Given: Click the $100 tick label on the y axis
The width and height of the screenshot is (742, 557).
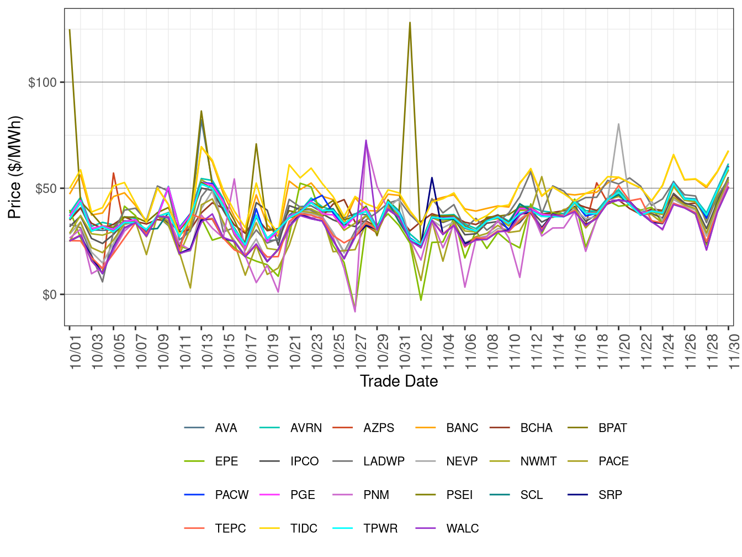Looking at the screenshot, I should click(42, 82).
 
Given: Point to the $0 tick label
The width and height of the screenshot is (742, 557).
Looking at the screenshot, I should click(49, 295).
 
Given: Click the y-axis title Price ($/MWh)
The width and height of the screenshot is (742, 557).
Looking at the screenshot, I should click(15, 167).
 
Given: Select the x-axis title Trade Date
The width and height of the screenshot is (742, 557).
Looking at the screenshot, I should click(399, 381).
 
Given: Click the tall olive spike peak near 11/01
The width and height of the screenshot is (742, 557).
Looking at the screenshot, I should click(410, 23).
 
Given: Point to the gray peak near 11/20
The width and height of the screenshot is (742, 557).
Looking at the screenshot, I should click(618, 124).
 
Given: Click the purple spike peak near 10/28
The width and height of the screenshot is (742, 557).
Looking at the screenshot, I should click(366, 140).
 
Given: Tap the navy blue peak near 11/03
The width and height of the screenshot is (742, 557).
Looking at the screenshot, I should click(432, 178).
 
